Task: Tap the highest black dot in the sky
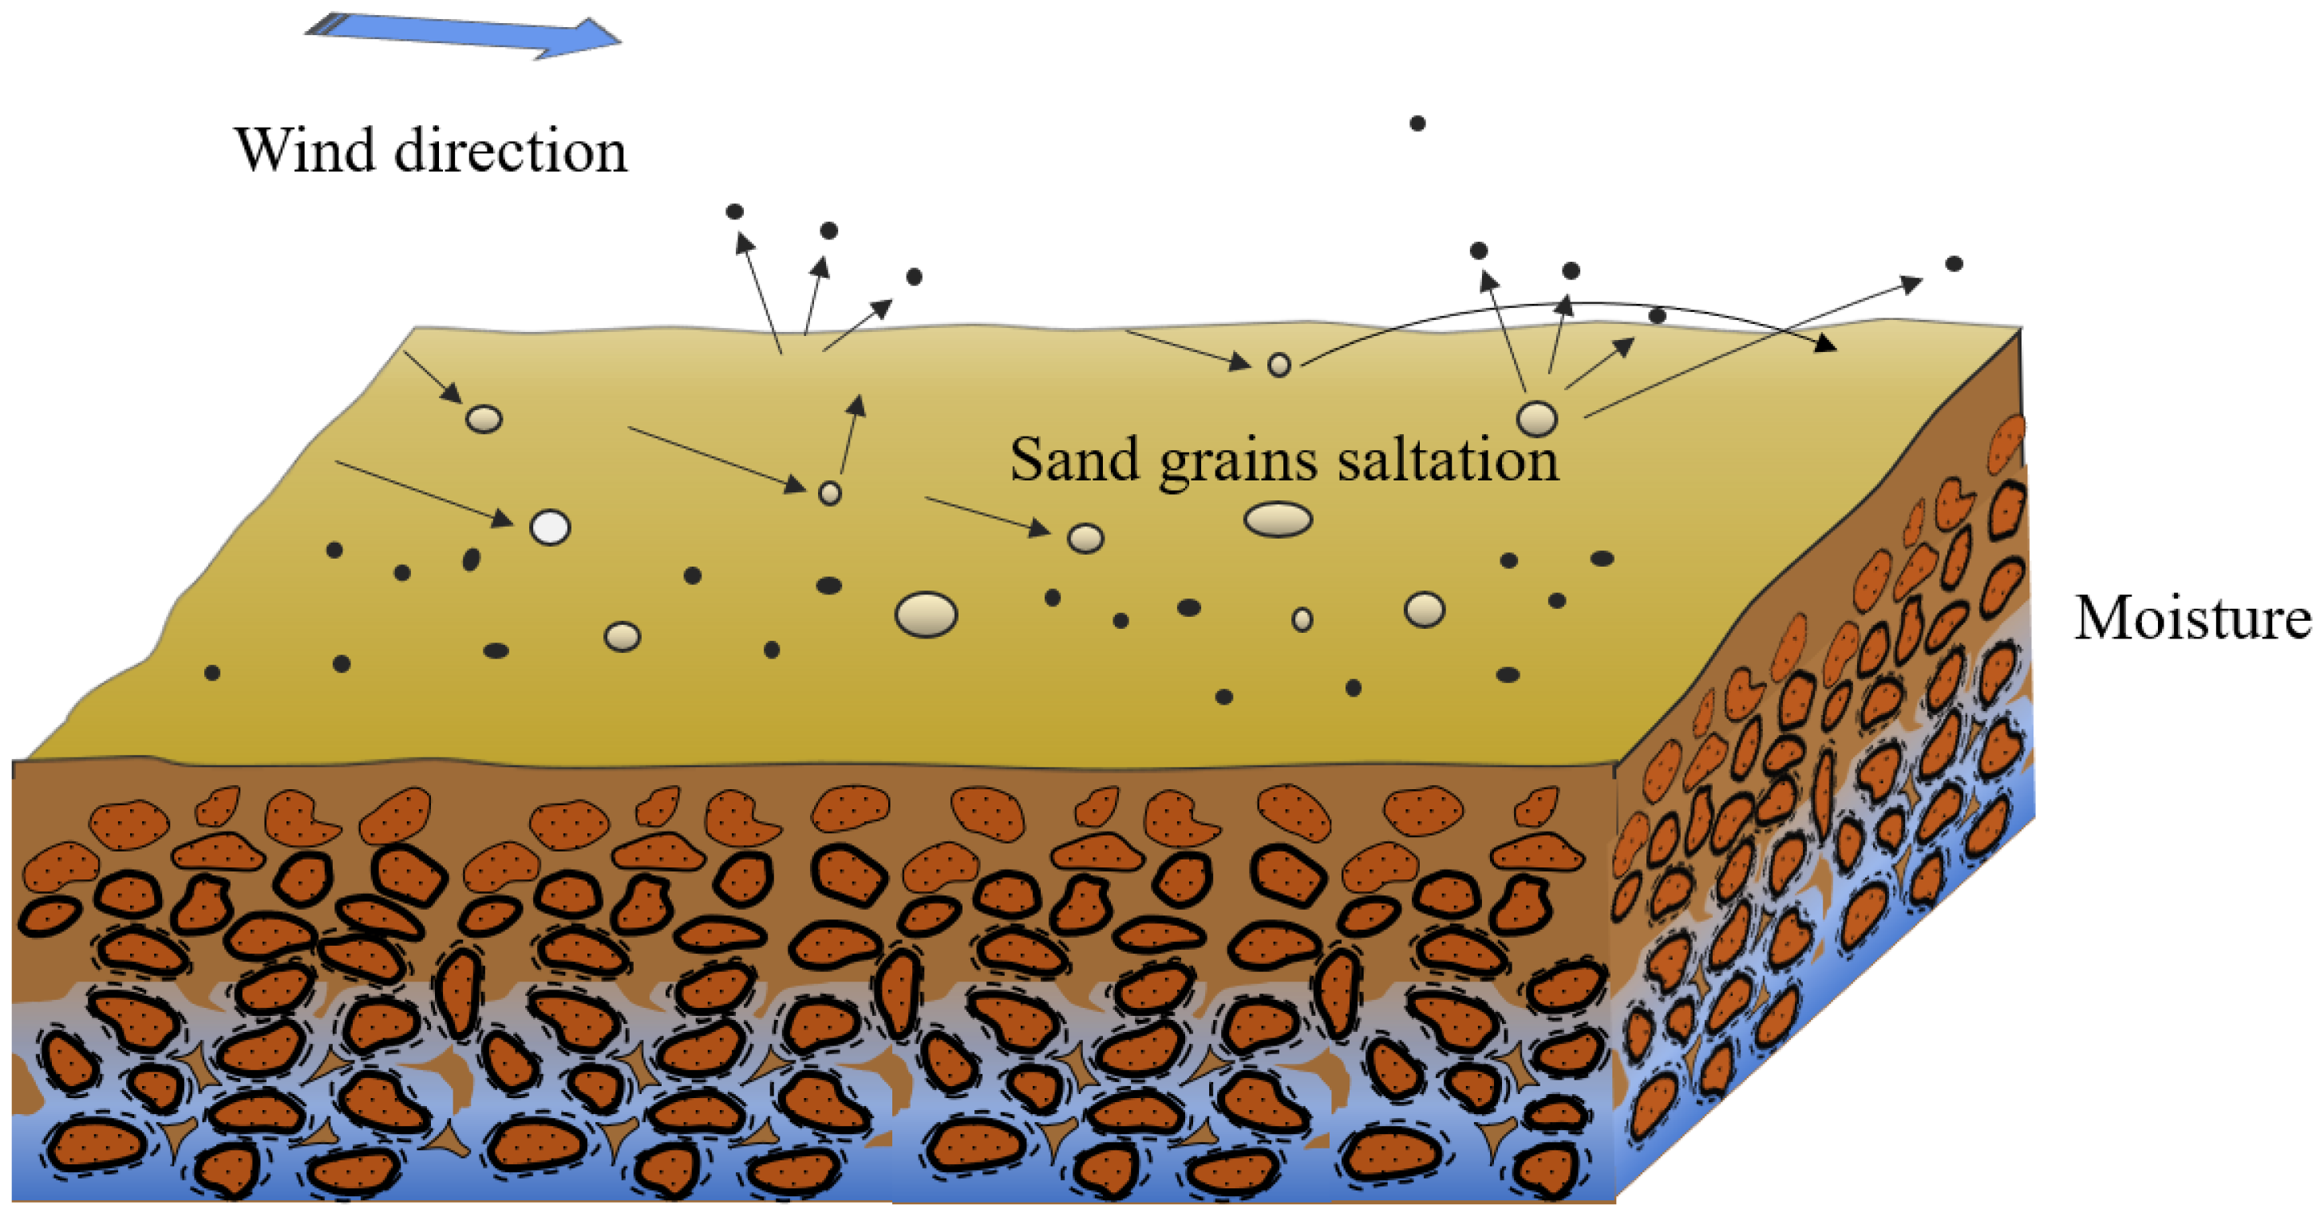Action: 1417,123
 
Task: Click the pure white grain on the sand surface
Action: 551,527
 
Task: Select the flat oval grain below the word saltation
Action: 1277,520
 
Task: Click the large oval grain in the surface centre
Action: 926,614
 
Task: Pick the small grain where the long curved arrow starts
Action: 1279,365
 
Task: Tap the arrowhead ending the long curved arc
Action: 1828,343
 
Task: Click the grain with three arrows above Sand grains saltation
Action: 1537,419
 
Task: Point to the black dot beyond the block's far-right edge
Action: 1954,264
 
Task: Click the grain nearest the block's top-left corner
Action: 484,419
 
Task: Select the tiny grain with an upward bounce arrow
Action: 829,492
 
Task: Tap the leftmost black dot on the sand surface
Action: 212,673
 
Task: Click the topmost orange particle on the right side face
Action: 2006,444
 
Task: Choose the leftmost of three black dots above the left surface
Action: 734,211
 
